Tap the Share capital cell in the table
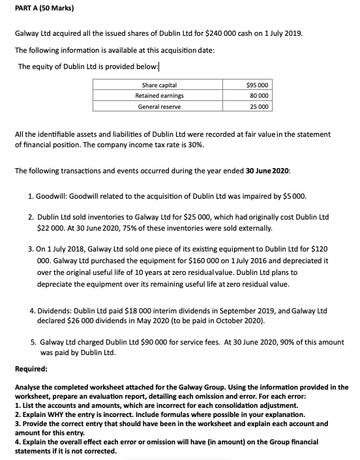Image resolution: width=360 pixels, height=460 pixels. coord(158,85)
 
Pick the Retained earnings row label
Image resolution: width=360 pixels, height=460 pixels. coord(158,96)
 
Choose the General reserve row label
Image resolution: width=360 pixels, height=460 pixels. coord(158,106)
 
